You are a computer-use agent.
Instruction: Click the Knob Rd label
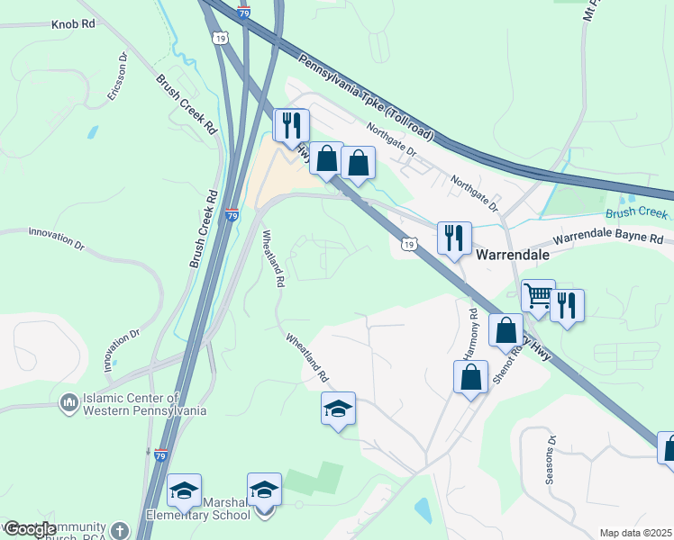pyautogui.click(x=74, y=24)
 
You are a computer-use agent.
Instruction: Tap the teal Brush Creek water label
pyautogui.click(x=636, y=214)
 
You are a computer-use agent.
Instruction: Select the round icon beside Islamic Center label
pyautogui.click(x=68, y=402)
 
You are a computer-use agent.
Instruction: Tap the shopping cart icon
pyautogui.click(x=538, y=294)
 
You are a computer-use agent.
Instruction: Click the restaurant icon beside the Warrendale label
pyautogui.click(x=454, y=238)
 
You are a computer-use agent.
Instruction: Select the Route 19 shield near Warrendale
pyautogui.click(x=409, y=245)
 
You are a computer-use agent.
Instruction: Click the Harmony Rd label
pyautogui.click(x=471, y=334)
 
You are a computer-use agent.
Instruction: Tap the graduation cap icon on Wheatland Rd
pyautogui.click(x=339, y=409)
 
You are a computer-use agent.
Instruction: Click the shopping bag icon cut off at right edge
pyautogui.click(x=668, y=447)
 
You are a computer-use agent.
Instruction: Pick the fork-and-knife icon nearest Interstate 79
pyautogui.click(x=291, y=124)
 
